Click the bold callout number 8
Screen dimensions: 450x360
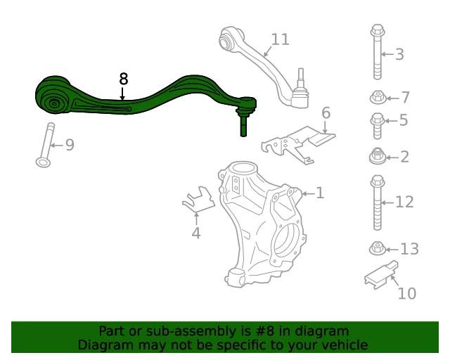[x=124, y=79]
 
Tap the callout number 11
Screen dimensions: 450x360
[x=280, y=39]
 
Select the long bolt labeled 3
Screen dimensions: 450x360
[x=377, y=52]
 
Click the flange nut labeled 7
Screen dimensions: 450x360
[x=378, y=98]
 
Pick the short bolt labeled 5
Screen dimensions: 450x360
[x=377, y=126]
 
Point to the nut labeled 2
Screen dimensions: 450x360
[x=377, y=157]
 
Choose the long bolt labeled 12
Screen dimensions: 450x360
[x=378, y=202]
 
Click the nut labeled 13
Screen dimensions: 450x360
[x=378, y=249]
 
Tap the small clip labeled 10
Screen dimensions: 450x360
[x=381, y=276]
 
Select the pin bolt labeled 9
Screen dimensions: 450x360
[x=46, y=145]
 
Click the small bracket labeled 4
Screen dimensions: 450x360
[x=199, y=199]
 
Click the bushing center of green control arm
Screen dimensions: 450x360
[x=54, y=103]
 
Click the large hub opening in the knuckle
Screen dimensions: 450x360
[x=286, y=240]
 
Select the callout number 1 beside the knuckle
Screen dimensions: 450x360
[x=320, y=193]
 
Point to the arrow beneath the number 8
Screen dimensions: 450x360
[x=122, y=94]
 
